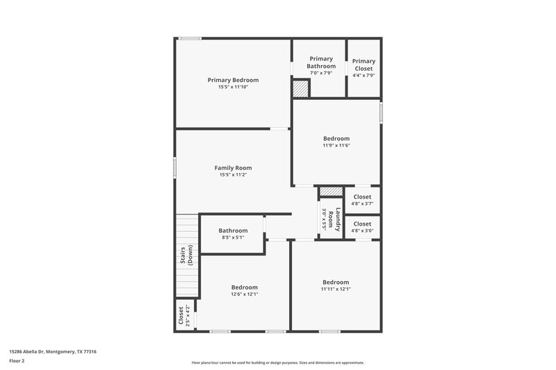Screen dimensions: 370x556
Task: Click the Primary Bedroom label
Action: coord(233,80)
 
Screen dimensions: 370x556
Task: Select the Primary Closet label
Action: coord(363,65)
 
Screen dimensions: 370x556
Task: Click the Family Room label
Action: coord(233,167)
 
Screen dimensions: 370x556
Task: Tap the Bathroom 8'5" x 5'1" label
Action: coord(233,230)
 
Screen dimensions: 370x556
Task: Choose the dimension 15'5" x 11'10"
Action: coord(233,87)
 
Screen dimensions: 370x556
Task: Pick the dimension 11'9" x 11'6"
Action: coord(336,146)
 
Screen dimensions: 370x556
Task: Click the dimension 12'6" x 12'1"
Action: coord(245,294)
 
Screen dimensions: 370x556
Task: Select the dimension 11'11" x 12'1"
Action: coord(336,289)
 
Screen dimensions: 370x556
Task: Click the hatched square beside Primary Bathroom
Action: coord(300,89)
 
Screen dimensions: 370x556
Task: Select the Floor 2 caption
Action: coord(17,361)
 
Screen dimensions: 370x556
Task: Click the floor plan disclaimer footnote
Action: coord(277,362)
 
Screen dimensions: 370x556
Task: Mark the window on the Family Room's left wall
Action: coord(174,169)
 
